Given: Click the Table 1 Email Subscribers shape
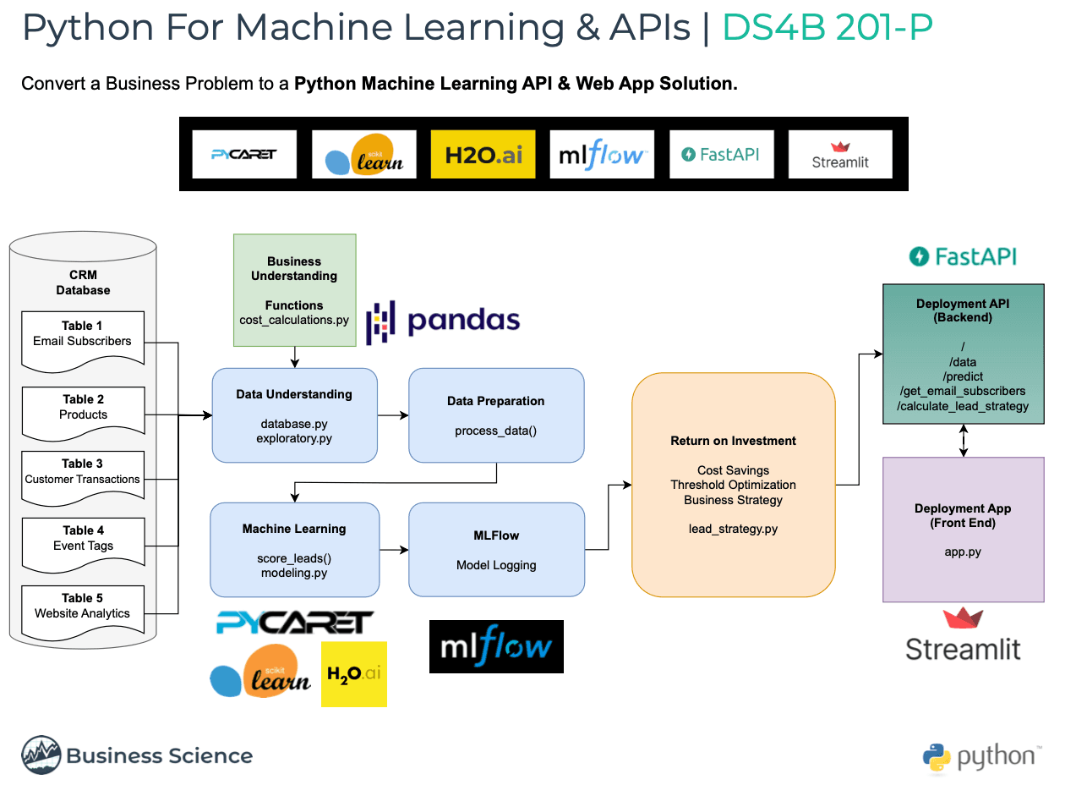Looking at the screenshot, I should click(x=82, y=340).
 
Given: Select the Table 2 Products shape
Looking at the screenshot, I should click(x=83, y=414).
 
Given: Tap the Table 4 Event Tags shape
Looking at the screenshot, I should click(x=83, y=544).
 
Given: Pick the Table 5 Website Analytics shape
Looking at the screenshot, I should click(x=83, y=611).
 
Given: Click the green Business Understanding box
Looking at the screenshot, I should click(x=294, y=290).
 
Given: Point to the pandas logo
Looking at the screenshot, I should click(x=443, y=321).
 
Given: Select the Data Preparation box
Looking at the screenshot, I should click(x=495, y=414).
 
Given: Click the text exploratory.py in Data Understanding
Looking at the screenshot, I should click(x=294, y=438).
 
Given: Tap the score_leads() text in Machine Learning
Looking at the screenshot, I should click(x=294, y=558).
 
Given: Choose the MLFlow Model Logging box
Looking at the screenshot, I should click(x=496, y=550).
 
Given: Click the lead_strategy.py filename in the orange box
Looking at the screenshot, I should click(x=733, y=529).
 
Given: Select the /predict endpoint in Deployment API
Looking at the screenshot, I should click(x=963, y=376).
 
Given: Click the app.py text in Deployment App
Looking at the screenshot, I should click(x=963, y=552).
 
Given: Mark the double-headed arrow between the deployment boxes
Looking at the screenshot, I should click(x=964, y=441).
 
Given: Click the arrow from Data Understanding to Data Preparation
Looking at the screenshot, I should click(x=393, y=415).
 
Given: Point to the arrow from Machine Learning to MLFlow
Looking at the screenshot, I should click(x=394, y=550).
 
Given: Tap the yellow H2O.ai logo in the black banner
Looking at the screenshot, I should click(x=483, y=154).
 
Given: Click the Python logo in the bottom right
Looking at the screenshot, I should click(x=937, y=758).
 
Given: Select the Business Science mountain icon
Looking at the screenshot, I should click(x=41, y=755).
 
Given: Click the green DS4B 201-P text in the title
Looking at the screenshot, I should click(x=827, y=28).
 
